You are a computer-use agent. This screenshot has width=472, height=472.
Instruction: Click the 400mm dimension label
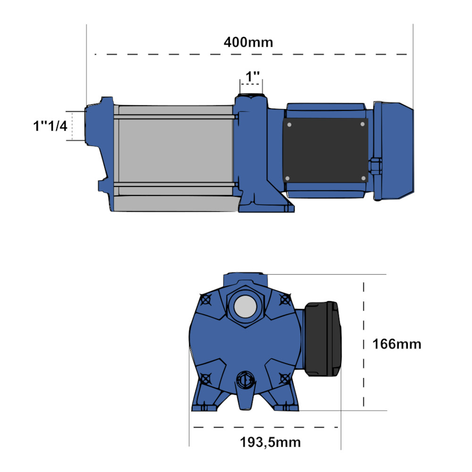(248, 42)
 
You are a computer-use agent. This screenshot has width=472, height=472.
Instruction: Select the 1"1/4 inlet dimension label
(50, 126)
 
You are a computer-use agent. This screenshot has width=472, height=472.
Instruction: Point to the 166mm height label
(396, 344)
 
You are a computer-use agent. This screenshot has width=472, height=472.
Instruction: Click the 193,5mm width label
(270, 442)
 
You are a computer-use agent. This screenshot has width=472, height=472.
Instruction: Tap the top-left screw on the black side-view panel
(289, 125)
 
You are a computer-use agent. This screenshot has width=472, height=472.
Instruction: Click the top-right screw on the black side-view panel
(362, 124)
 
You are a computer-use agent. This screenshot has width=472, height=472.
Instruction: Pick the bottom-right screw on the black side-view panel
(362, 178)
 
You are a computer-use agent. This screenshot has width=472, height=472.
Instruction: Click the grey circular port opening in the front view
(244, 307)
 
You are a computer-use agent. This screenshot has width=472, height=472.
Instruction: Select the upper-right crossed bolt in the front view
(284, 299)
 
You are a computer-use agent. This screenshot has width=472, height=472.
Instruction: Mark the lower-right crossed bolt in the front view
(284, 378)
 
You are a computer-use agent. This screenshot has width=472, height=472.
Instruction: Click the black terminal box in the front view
(322, 338)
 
